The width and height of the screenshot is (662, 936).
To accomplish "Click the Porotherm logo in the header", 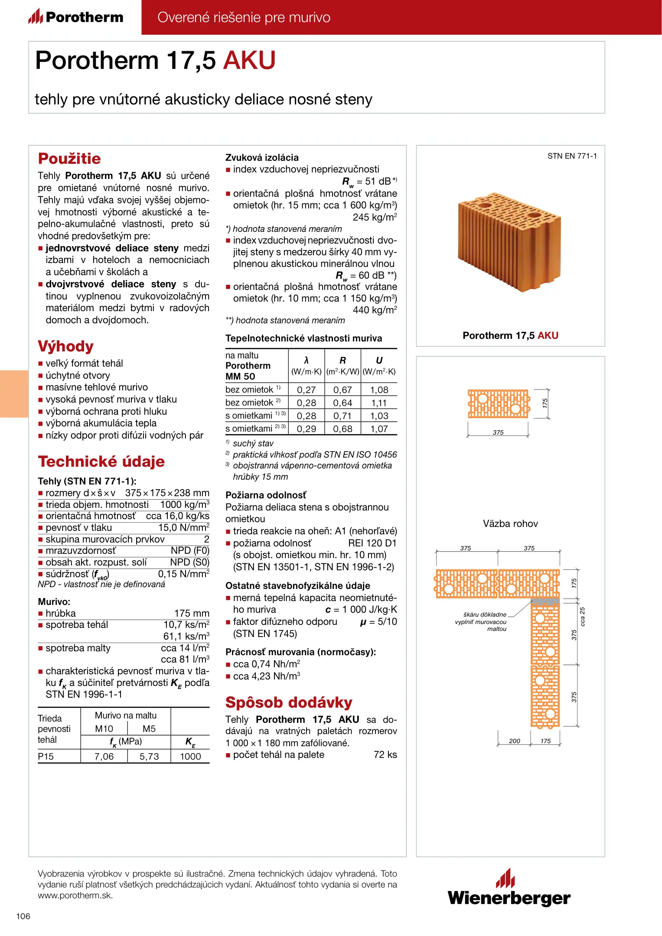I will pyautogui.click(x=76, y=17).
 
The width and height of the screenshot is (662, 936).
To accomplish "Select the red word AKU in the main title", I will pyautogui.click(x=249, y=60).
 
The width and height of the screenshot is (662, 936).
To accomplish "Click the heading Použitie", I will pyautogui.click(x=69, y=159).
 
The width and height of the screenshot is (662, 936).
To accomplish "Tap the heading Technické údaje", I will pyautogui.click(x=101, y=461).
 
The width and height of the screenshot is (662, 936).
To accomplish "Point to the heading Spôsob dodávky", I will pyautogui.click(x=289, y=702).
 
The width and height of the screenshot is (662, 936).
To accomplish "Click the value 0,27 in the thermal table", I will pyautogui.click(x=306, y=390).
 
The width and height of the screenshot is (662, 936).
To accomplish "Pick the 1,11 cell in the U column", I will pyautogui.click(x=379, y=403).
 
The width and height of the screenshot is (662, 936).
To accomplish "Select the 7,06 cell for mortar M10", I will pyautogui.click(x=104, y=757).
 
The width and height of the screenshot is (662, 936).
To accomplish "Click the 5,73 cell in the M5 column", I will pyautogui.click(x=149, y=757).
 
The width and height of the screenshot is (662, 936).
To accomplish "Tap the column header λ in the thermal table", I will pyautogui.click(x=306, y=361).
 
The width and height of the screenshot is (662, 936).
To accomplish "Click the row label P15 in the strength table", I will pyautogui.click(x=46, y=757).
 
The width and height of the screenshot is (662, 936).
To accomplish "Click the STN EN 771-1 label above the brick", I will pyautogui.click(x=572, y=156).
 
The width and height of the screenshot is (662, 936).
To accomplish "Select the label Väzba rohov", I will pyautogui.click(x=510, y=524).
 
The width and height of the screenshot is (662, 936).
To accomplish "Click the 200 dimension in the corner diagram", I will pyautogui.click(x=515, y=741).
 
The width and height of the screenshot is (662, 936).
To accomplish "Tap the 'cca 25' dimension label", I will pyautogui.click(x=583, y=616).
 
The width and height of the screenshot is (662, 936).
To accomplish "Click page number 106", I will pyautogui.click(x=23, y=916).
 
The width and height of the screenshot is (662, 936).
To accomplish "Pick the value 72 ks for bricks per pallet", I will pyautogui.click(x=385, y=755).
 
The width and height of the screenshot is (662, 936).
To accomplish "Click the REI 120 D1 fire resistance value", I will pyautogui.click(x=372, y=543).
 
